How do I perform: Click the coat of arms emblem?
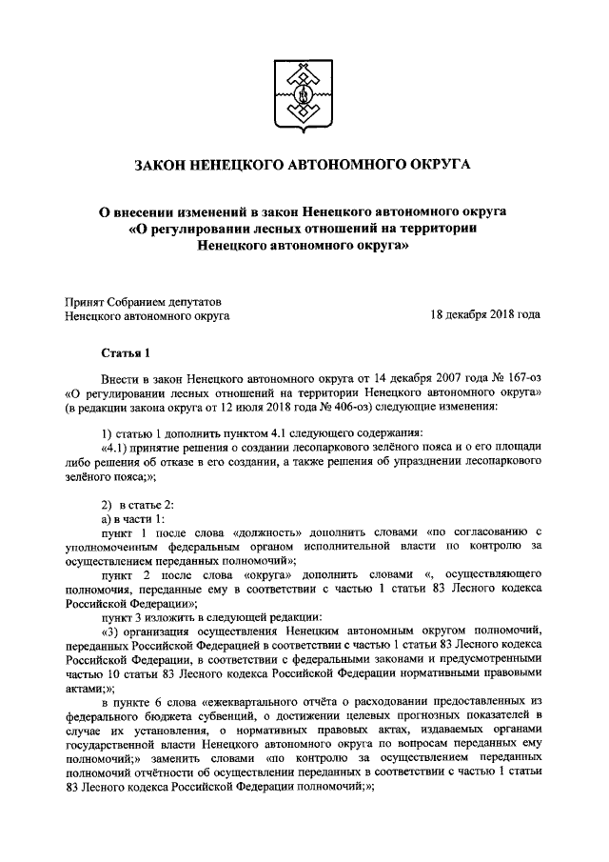click(304, 90)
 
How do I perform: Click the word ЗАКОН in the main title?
click(164, 165)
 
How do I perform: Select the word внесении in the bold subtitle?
click(152, 210)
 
